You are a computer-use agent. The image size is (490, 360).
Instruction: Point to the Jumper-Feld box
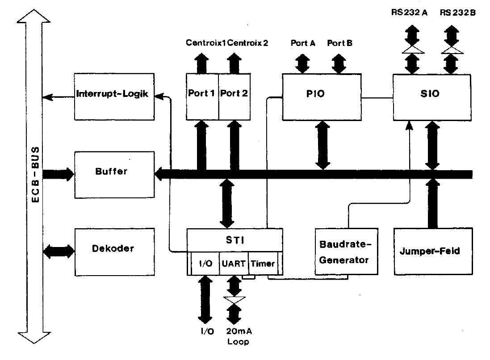(x=432, y=251)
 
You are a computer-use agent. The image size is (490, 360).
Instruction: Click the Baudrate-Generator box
(x=346, y=251)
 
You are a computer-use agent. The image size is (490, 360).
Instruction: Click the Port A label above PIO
(x=303, y=43)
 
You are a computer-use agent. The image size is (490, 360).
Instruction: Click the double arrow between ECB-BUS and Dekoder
(x=59, y=251)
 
